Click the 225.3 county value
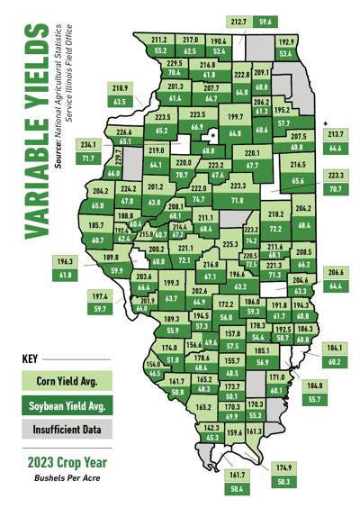coord(231,243)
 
